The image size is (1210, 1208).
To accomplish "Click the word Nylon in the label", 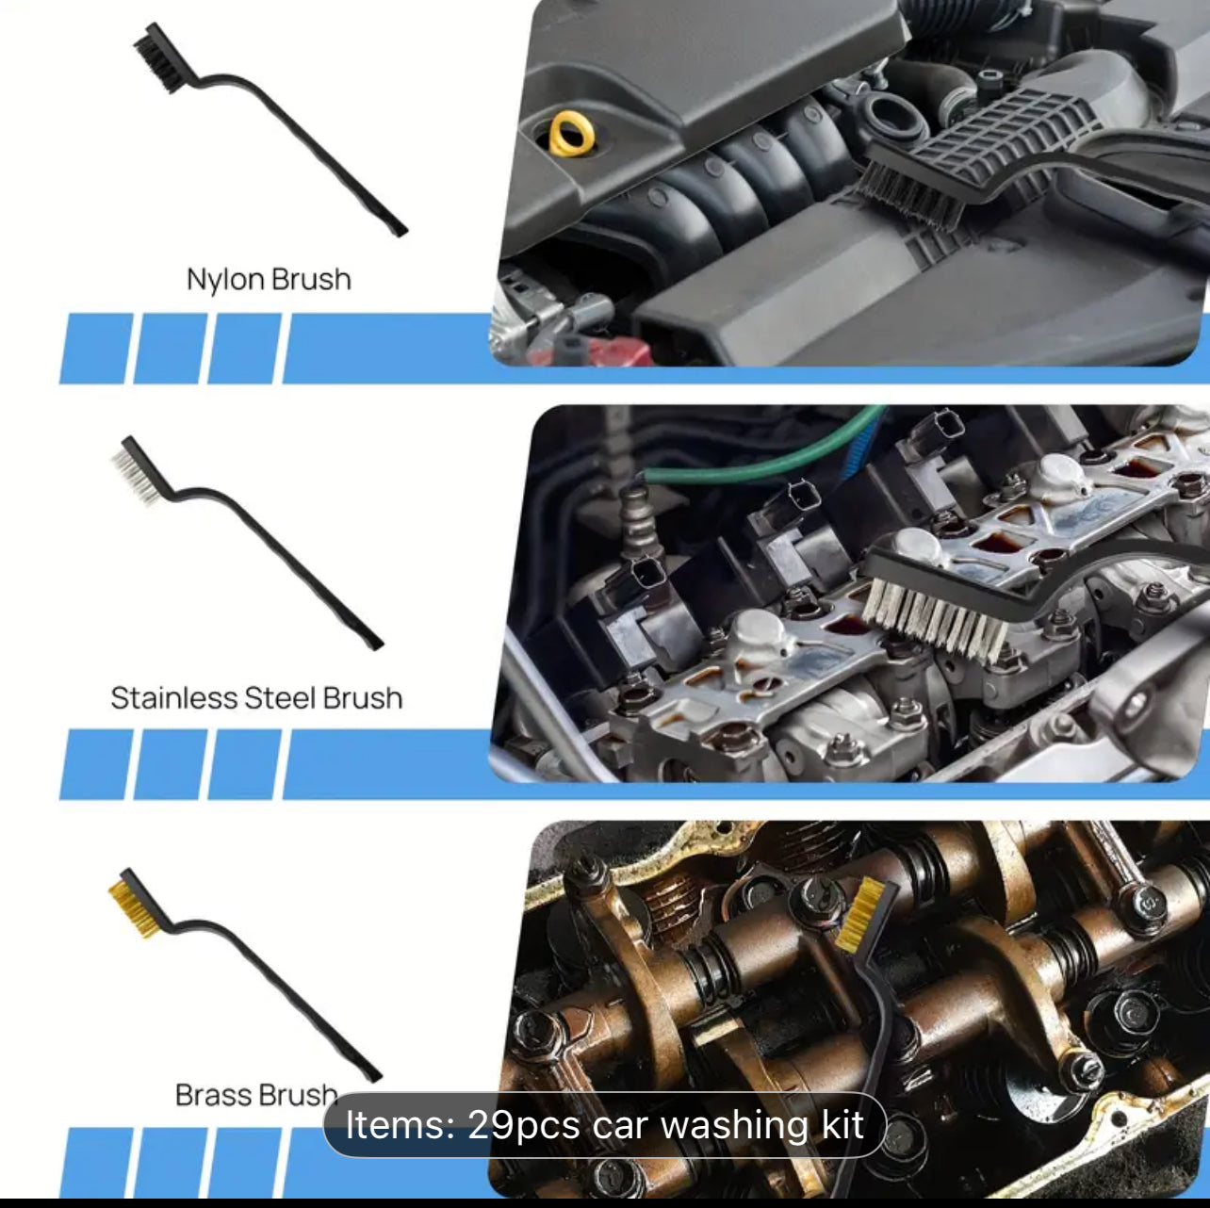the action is point(224,280).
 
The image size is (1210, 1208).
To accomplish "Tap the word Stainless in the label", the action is point(173,698).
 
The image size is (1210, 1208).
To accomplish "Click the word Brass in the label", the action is point(213,1096).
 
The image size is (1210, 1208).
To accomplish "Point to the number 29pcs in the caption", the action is point(524,1124).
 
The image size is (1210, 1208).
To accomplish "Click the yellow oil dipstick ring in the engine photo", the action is point(572,133).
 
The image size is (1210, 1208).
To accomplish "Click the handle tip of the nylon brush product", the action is point(400,232).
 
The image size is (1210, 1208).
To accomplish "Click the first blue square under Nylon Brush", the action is point(96,348).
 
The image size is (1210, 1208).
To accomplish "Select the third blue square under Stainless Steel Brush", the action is point(244,764).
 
